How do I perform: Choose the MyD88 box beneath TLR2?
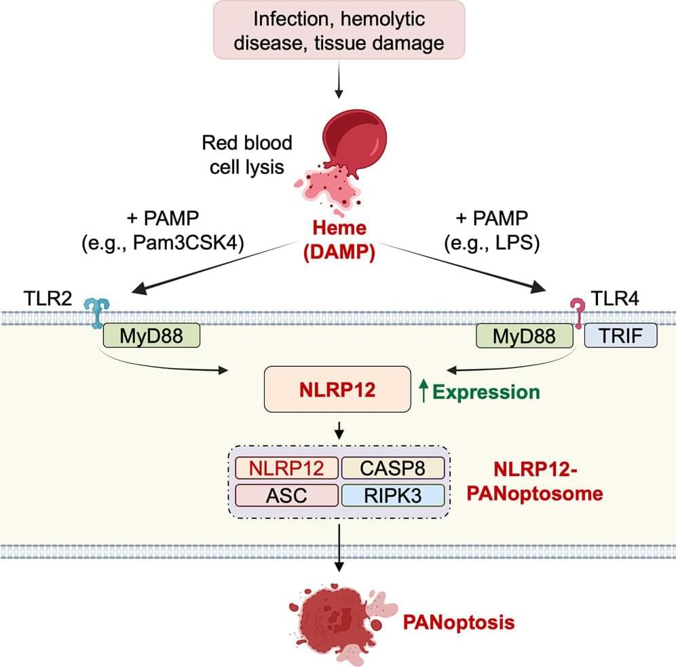pos(151,335)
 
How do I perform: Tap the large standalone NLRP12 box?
pos(338,389)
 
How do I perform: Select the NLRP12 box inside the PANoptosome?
pos(286,468)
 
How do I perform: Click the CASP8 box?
pos(392,468)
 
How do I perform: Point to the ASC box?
pos(286,494)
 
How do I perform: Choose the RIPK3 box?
pos(392,494)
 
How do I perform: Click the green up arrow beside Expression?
pos(425,391)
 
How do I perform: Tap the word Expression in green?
pos(486,391)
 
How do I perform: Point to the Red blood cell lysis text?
pos(247,154)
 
